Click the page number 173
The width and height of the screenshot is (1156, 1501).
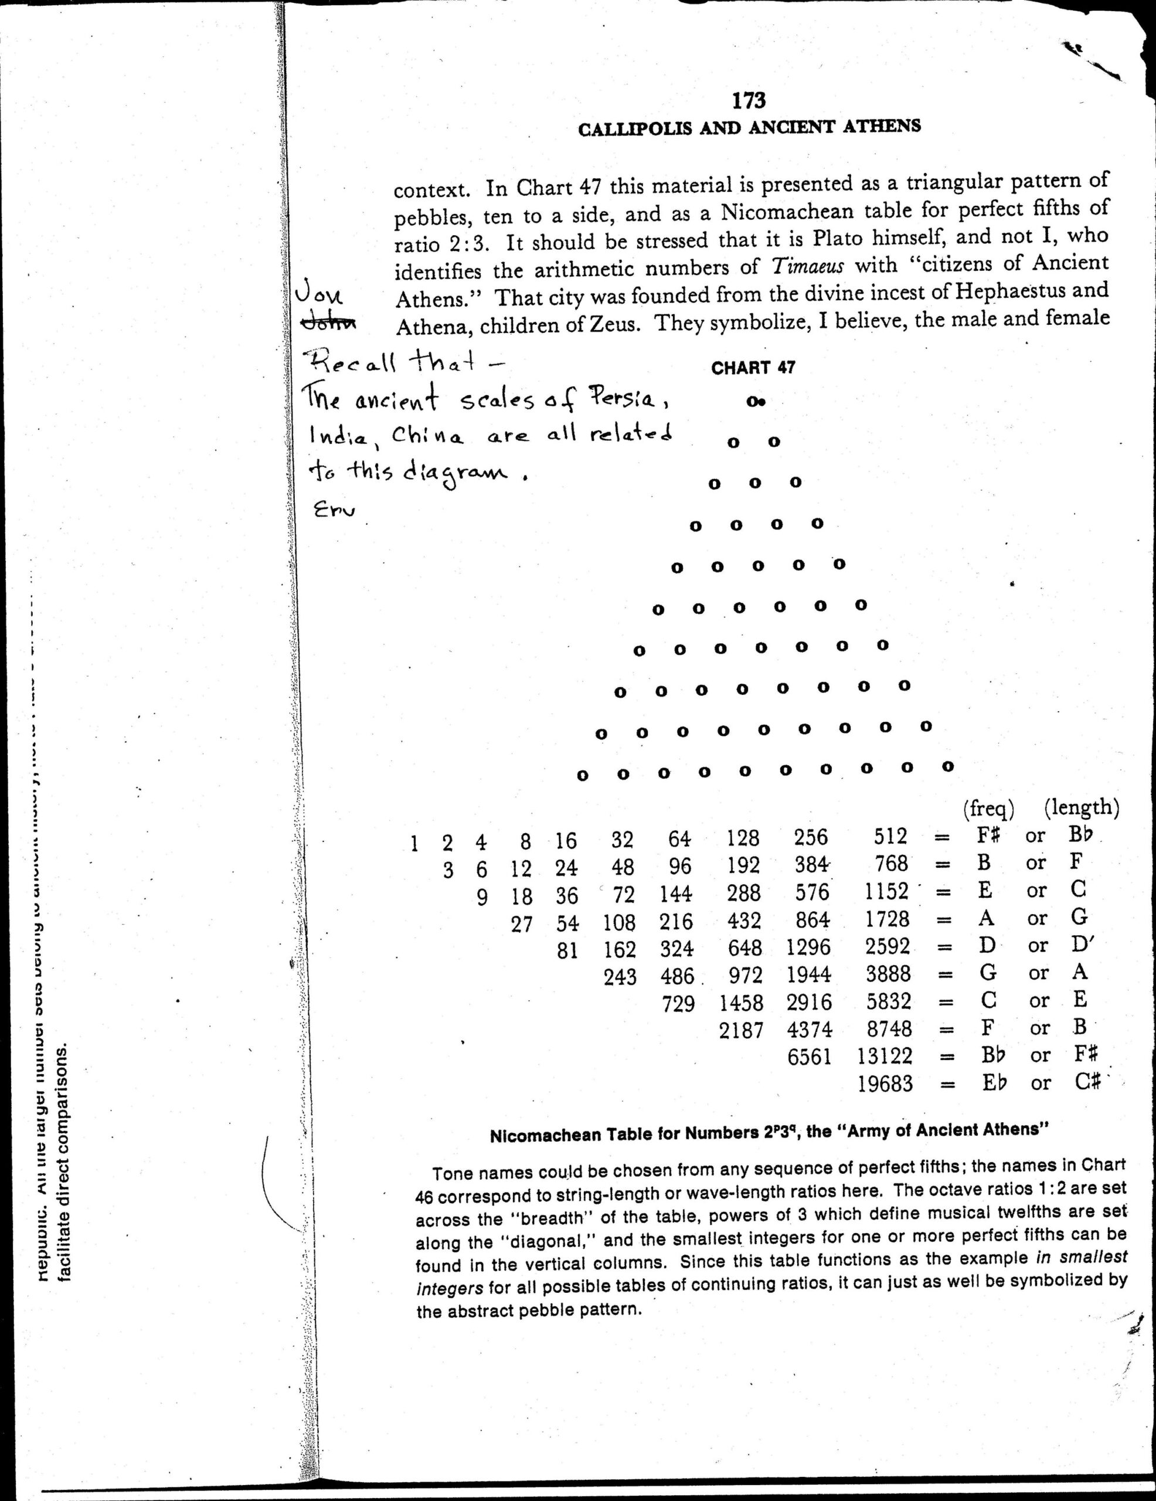point(749,101)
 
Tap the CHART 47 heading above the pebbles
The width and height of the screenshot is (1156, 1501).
point(753,368)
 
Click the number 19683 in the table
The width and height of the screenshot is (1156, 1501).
point(885,1084)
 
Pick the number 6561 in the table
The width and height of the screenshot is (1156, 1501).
point(809,1057)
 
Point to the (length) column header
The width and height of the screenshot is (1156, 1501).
point(1081,808)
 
